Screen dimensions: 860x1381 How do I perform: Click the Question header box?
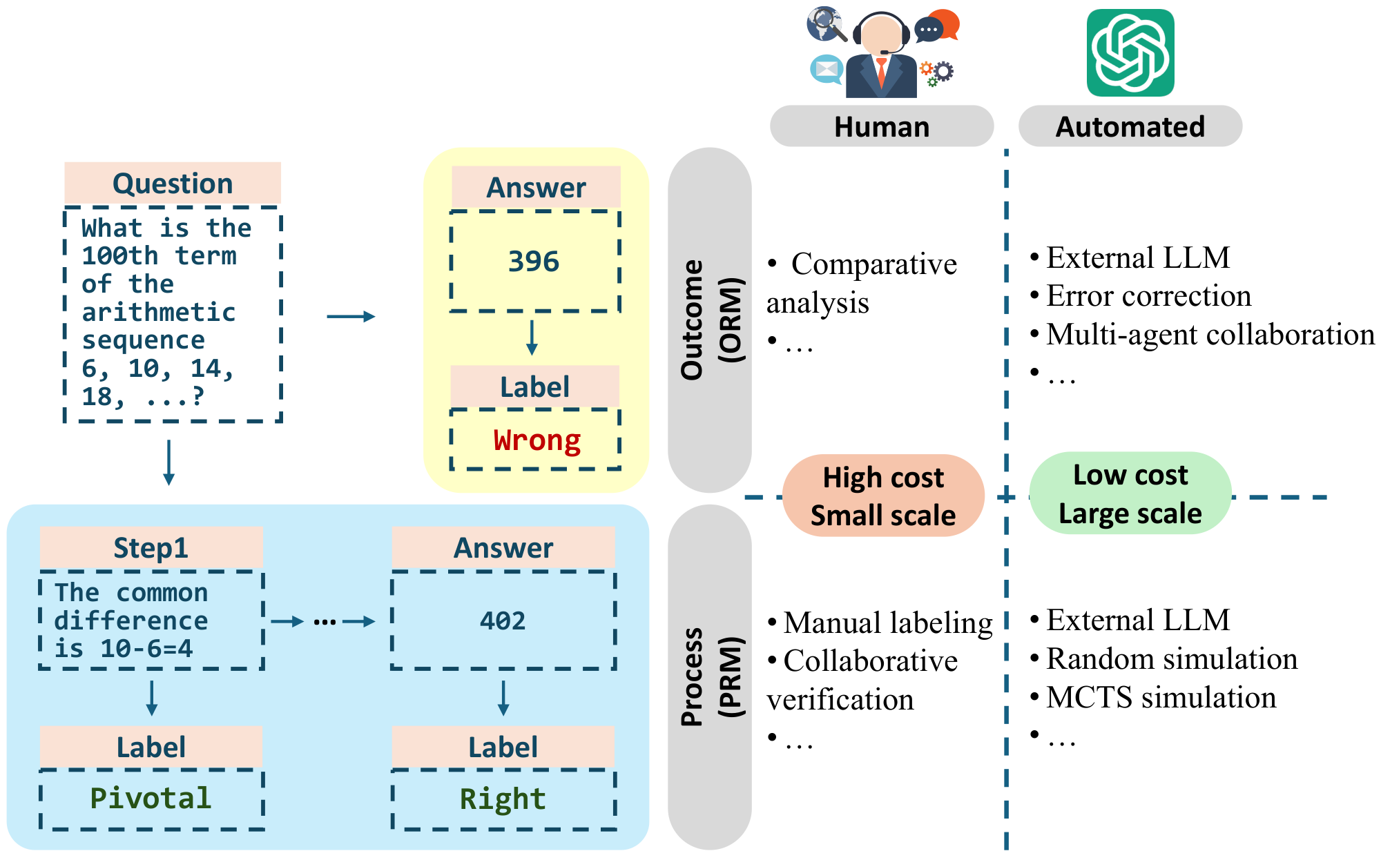coord(173,184)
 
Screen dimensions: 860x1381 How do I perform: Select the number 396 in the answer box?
coord(534,262)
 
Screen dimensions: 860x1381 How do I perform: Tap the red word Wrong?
coord(537,440)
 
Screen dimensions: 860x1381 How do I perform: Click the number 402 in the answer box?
coord(503,621)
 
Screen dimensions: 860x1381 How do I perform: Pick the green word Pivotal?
coord(151,799)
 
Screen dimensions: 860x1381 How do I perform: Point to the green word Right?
coord(503,799)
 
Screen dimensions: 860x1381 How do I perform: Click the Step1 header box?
coord(151,548)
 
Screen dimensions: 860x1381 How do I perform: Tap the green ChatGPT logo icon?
coord(1130,53)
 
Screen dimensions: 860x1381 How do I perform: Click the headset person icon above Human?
coord(881,55)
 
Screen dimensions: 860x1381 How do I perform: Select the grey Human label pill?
coord(881,127)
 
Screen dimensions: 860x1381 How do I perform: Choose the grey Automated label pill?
coord(1130,127)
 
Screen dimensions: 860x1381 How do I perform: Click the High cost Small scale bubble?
coord(883,496)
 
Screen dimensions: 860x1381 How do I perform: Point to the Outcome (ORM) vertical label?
coord(710,320)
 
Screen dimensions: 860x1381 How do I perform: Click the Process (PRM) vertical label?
coord(710,676)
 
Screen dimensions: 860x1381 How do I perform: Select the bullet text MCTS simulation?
coord(1160,698)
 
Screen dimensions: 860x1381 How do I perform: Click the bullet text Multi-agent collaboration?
coord(1209,335)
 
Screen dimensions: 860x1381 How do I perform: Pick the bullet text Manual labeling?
coord(887,623)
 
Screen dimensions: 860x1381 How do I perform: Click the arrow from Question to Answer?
coord(351,317)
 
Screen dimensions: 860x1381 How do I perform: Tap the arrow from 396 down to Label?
coord(532,338)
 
